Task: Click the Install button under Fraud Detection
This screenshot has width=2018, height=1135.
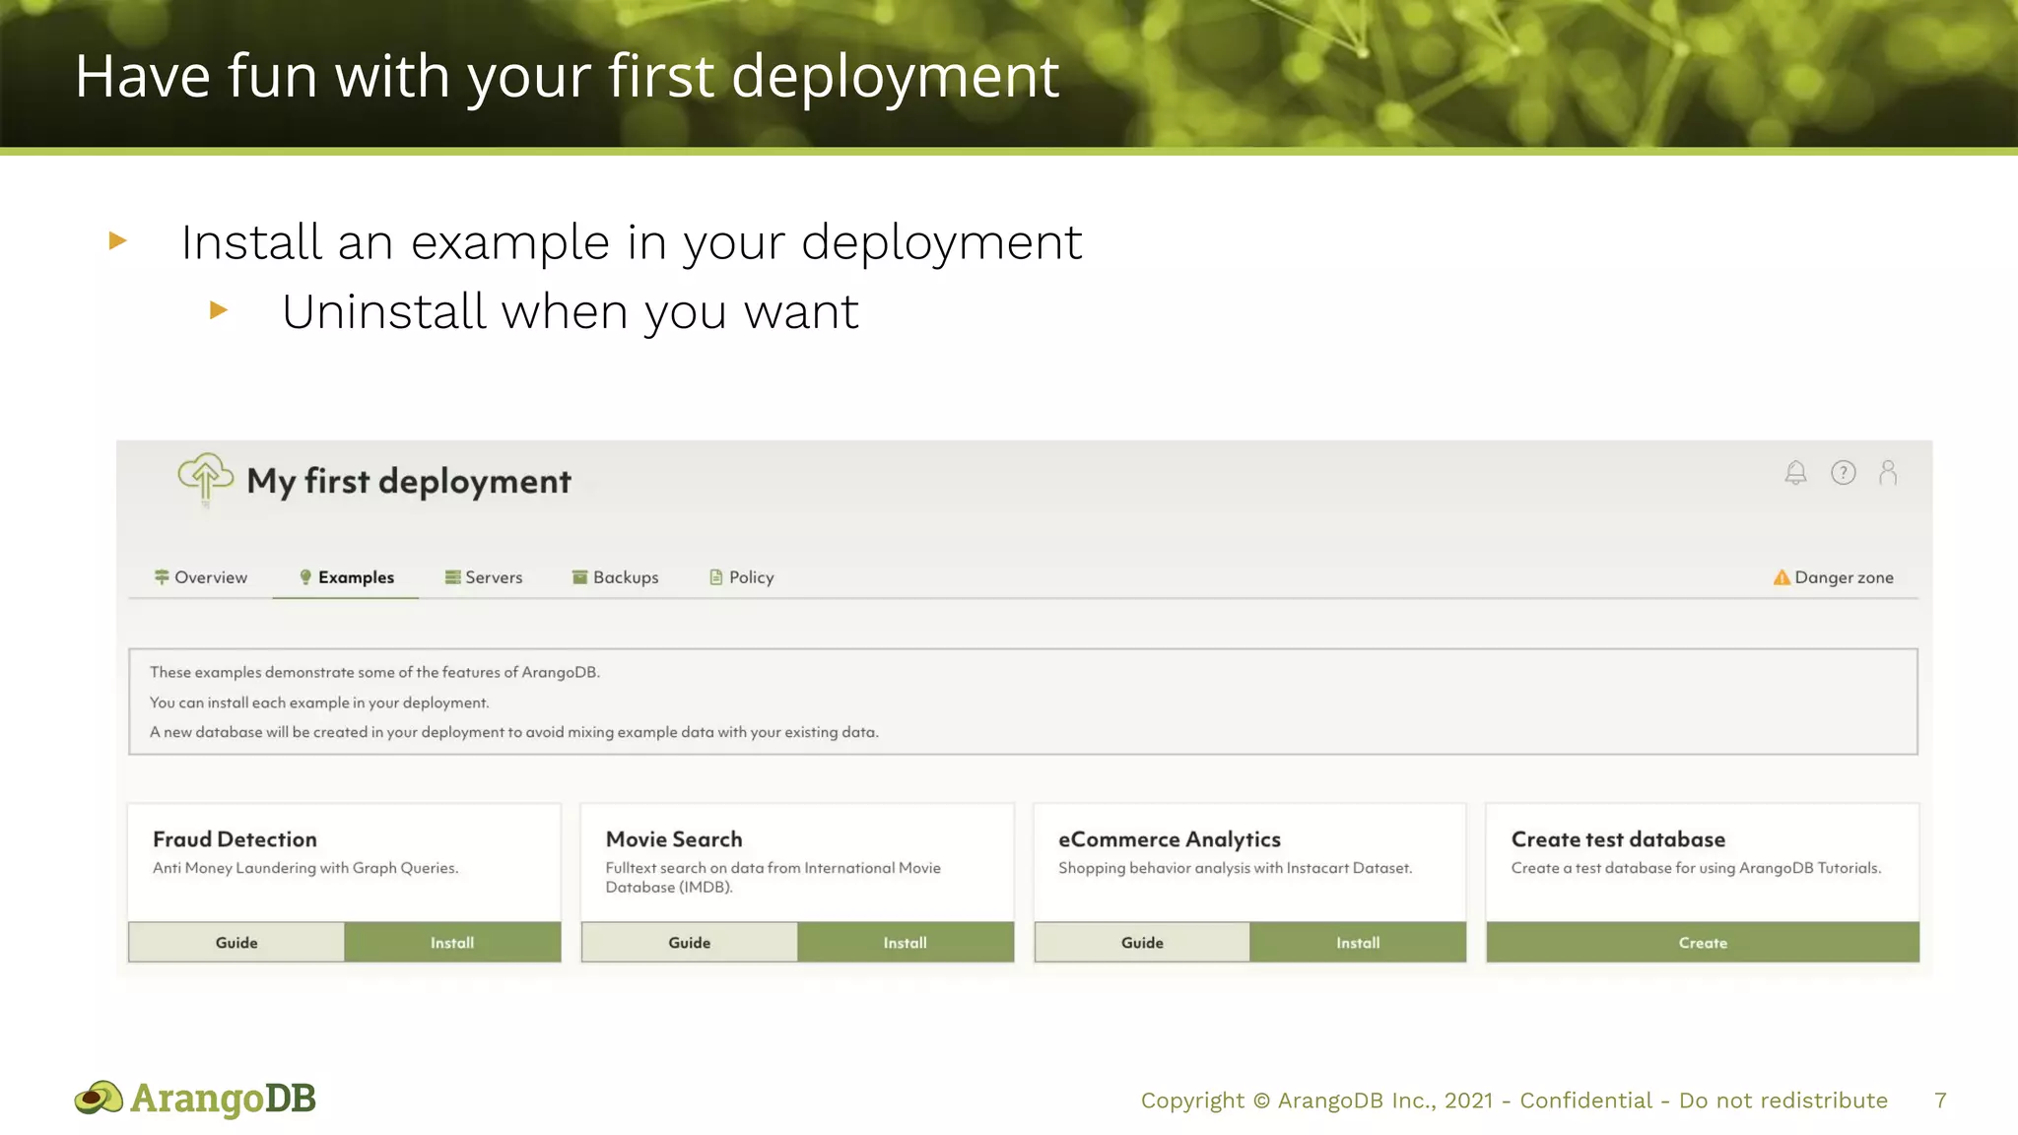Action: (452, 943)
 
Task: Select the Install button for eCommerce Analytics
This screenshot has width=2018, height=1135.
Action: (1358, 943)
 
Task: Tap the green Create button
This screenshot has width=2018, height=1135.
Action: (1703, 943)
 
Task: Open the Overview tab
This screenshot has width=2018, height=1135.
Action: (201, 577)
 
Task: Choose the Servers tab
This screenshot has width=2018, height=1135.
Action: (484, 577)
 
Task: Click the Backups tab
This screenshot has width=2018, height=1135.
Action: (616, 577)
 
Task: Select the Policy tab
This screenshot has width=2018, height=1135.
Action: (742, 577)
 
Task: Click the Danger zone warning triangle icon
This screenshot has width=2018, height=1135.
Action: (1782, 577)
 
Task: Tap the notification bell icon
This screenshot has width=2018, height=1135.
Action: (1795, 473)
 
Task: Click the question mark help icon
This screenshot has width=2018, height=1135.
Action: (1843, 473)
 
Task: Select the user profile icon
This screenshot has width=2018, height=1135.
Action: (1888, 473)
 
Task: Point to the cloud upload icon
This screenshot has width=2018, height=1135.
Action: (205, 478)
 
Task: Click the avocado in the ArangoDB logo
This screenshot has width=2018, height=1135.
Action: (99, 1098)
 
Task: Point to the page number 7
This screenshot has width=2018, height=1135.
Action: (1940, 1101)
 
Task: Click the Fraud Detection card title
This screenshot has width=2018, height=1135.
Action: (235, 839)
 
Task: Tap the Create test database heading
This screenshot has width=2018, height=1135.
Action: (1618, 839)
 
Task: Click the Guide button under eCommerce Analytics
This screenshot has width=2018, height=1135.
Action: (1142, 943)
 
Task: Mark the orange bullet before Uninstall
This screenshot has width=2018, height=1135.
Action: (219, 310)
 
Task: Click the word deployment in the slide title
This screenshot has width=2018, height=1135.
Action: (895, 77)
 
